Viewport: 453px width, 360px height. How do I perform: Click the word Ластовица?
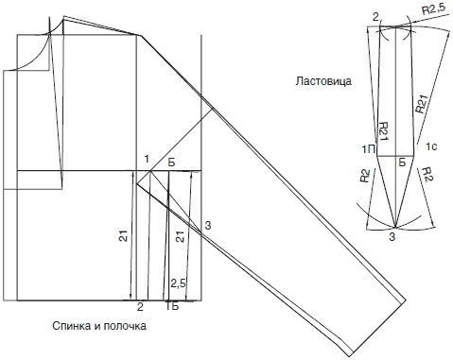[x=323, y=81]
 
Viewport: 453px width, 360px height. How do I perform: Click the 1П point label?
[x=369, y=148]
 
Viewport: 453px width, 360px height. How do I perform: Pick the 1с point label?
[x=431, y=146]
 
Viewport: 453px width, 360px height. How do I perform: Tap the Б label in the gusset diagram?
[x=402, y=163]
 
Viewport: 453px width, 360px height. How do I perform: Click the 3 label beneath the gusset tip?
[x=392, y=237]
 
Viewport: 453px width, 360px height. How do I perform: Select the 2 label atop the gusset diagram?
[x=375, y=18]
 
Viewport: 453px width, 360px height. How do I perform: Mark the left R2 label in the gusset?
[x=365, y=177]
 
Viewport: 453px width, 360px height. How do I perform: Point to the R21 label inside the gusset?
[x=383, y=131]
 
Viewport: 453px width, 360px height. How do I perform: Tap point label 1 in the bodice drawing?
[x=147, y=160]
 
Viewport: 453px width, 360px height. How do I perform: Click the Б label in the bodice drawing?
[x=171, y=163]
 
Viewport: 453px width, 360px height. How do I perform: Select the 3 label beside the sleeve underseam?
[x=207, y=226]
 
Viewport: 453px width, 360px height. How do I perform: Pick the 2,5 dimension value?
[x=179, y=283]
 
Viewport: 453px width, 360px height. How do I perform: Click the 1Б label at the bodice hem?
[x=172, y=306]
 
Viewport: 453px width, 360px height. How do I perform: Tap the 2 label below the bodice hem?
[x=140, y=306]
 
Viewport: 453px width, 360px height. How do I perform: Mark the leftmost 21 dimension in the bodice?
[x=124, y=235]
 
